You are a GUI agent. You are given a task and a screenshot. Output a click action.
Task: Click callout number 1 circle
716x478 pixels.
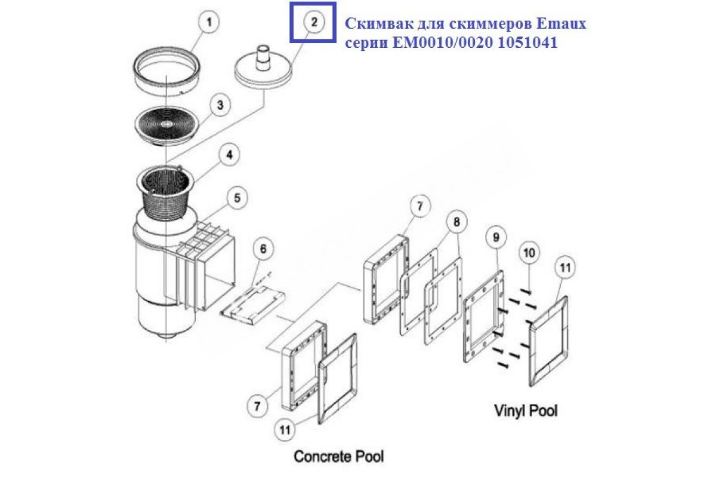[208, 23]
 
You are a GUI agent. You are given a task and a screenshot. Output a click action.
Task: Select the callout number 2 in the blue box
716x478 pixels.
[314, 23]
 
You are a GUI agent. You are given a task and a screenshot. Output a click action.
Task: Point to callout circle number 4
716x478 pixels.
[229, 154]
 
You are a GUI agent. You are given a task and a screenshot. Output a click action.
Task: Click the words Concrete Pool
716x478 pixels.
[339, 457]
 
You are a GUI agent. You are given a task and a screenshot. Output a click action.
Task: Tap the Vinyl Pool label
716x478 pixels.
[526, 410]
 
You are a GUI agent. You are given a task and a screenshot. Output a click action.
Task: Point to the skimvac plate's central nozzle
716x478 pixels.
[261, 53]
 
